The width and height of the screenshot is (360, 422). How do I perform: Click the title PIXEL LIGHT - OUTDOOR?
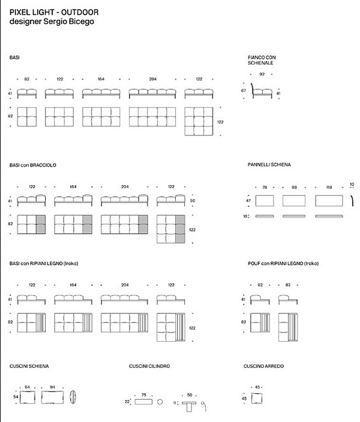(x=54, y=12)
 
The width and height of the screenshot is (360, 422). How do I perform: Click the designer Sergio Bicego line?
(x=51, y=22)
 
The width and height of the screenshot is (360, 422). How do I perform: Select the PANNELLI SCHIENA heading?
(x=269, y=164)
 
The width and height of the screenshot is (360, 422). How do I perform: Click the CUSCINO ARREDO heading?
(x=263, y=366)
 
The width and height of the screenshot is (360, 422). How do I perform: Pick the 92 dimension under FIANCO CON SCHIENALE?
(x=262, y=74)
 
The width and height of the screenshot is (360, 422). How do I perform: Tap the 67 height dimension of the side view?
(x=244, y=91)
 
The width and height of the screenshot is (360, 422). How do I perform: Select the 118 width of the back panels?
(x=329, y=187)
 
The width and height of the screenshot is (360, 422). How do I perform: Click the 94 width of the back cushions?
(x=52, y=387)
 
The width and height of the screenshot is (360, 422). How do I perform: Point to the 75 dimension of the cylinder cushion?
(x=143, y=395)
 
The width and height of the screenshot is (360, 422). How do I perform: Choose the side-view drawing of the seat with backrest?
(x=262, y=92)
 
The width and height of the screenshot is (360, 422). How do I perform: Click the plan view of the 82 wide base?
(x=27, y=116)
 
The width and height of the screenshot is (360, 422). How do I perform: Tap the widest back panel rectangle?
(x=329, y=200)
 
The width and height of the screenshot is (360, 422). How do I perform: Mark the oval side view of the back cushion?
(x=73, y=397)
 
